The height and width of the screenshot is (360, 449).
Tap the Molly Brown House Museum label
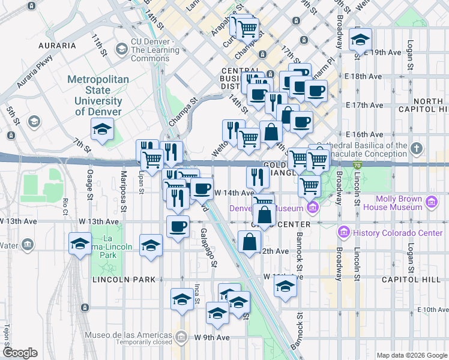click(399, 203)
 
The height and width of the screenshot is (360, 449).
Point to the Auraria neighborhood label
click(56, 45)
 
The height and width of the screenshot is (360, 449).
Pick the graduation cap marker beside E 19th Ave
click(360, 40)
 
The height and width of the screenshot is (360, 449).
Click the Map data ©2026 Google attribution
click(411, 355)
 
